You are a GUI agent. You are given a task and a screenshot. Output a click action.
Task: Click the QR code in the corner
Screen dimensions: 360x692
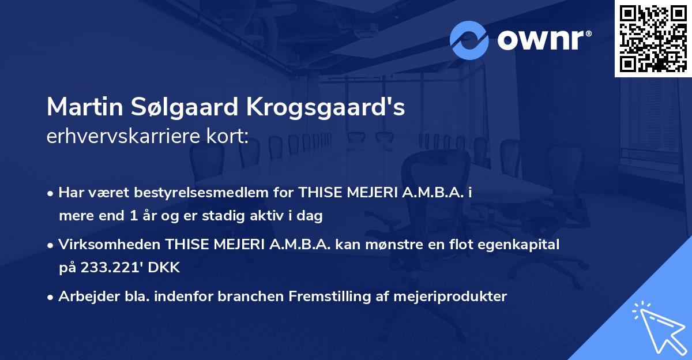[653, 38]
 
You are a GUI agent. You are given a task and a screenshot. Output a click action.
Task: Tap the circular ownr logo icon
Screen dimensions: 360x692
[469, 40]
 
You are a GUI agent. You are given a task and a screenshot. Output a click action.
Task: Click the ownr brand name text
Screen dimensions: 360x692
[543, 40]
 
